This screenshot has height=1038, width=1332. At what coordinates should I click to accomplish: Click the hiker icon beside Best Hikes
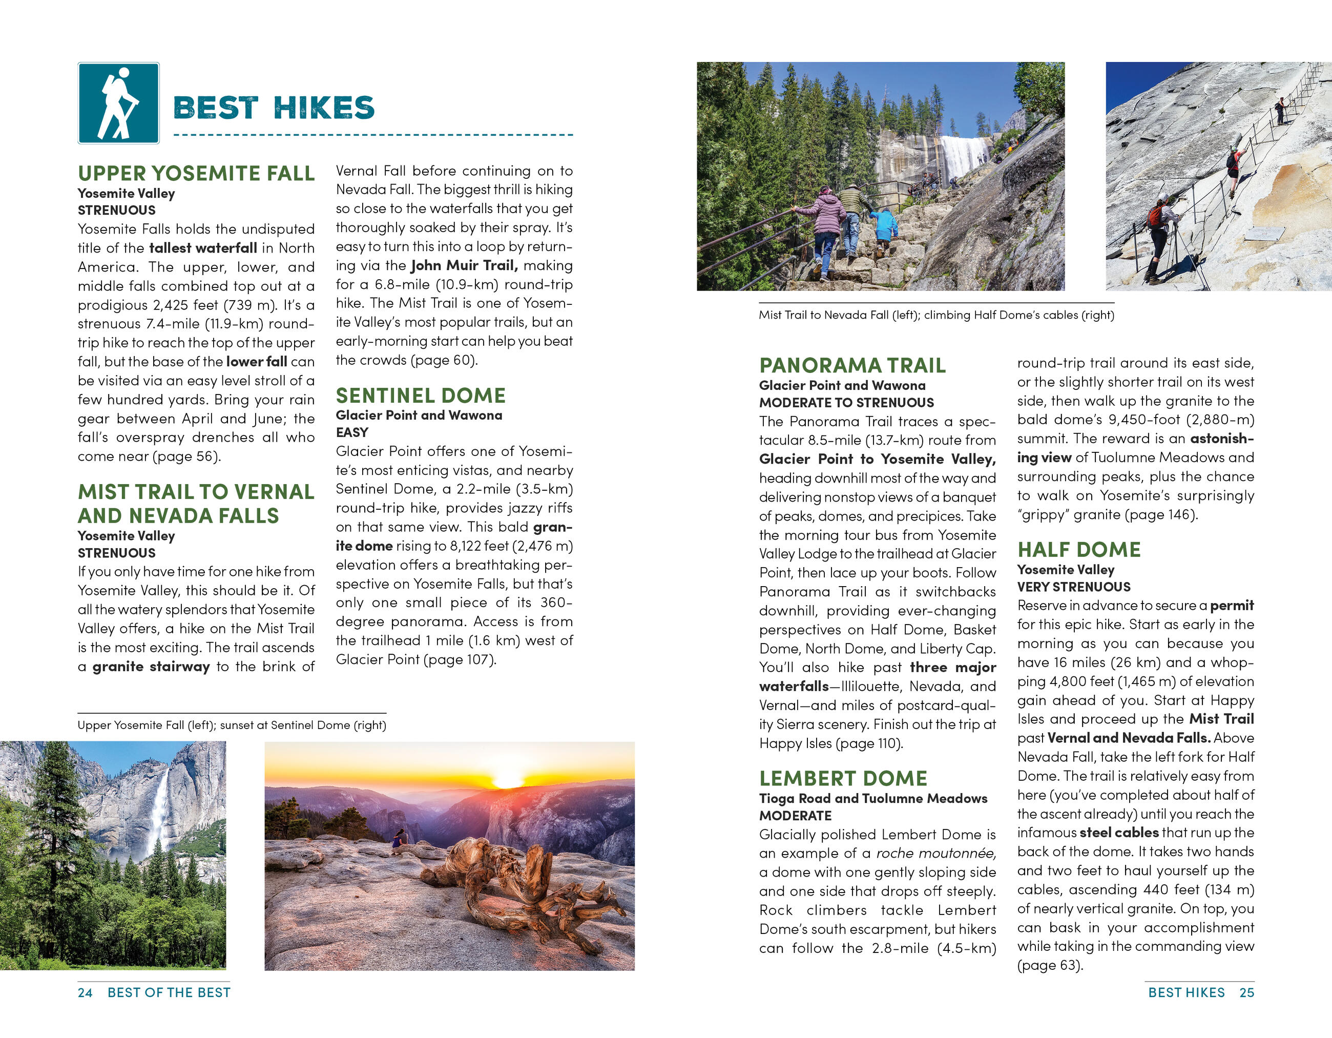coord(118,103)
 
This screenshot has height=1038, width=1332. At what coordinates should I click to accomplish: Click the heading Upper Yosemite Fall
coord(196,173)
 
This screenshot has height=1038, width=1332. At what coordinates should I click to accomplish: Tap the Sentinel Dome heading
coord(420,395)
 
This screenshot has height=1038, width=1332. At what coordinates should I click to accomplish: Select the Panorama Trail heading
coord(852,365)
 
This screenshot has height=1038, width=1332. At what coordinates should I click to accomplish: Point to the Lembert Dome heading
coord(843,778)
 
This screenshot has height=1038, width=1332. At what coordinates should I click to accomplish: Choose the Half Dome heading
coord(1078,550)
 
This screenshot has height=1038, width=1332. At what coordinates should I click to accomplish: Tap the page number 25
coord(1246,993)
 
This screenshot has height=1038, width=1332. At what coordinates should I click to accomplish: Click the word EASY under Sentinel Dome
coord(352,432)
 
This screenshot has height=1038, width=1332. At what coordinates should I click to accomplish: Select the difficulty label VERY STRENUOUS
coord(1073,587)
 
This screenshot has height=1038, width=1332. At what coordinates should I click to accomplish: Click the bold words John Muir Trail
coord(464,265)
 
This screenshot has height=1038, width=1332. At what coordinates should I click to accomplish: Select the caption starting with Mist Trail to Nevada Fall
coord(935,315)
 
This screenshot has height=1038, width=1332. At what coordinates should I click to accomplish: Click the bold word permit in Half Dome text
coord(1232,606)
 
